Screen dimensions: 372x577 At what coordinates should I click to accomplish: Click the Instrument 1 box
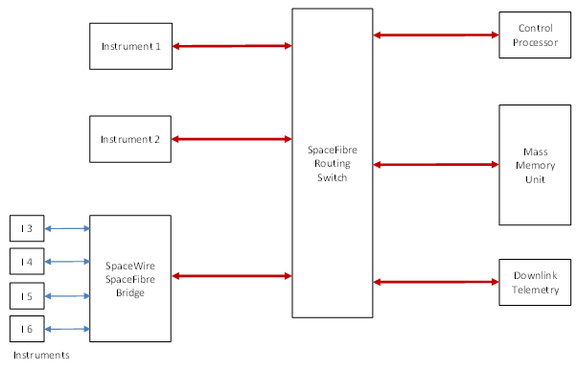[130, 46]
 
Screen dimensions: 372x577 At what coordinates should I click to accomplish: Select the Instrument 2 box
[130, 139]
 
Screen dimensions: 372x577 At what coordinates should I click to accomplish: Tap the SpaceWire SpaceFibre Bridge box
[130, 278]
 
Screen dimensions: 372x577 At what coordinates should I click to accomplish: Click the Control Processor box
[531, 35]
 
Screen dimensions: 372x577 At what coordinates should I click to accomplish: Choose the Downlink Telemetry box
[531, 282]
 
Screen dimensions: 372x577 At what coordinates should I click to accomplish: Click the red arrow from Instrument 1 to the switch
[232, 45]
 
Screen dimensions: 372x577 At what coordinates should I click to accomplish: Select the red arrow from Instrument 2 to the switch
[232, 139]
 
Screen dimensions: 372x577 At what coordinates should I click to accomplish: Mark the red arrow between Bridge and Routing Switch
[232, 276]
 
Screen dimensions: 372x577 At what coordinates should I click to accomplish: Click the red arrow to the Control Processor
[435, 35]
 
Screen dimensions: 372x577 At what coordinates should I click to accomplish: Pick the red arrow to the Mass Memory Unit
[435, 165]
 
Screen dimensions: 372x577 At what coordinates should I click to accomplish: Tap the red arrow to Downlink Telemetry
[435, 282]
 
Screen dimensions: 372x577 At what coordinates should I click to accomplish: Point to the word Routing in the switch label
[333, 164]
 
